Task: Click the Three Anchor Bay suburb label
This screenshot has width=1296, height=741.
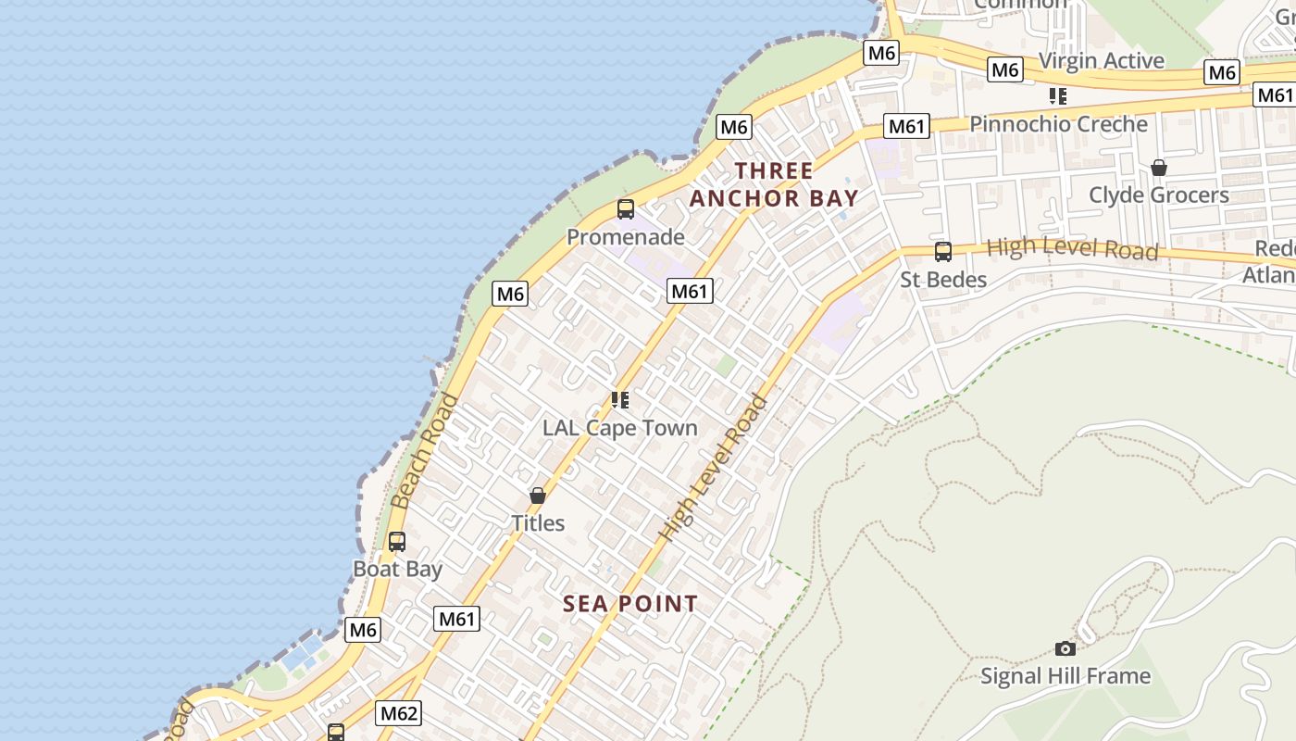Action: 774,184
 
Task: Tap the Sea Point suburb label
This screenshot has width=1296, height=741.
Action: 630,604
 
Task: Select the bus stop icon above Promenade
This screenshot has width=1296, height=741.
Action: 626,209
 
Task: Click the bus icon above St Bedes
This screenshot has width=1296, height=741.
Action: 942,251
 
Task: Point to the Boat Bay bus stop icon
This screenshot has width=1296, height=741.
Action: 397,542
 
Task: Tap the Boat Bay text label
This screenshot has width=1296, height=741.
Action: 398,569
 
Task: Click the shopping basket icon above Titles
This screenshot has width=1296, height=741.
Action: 538,496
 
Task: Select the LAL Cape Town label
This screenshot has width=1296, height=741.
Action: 620,428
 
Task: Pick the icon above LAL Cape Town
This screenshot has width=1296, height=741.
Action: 620,400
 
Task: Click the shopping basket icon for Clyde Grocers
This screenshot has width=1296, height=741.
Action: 1158,168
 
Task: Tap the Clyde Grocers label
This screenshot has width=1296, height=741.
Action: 1158,195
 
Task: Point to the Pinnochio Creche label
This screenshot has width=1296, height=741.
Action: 1058,124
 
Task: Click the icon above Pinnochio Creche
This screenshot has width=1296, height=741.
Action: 1058,96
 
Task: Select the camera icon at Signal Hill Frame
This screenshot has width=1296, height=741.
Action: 1065,648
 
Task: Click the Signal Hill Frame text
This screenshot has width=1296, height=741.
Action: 1065,676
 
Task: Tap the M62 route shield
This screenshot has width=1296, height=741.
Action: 399,713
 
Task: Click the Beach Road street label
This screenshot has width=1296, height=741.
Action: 425,451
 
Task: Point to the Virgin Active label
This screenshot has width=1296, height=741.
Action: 1101,61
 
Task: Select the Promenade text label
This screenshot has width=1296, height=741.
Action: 626,237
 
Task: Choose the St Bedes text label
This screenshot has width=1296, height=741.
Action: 943,279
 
